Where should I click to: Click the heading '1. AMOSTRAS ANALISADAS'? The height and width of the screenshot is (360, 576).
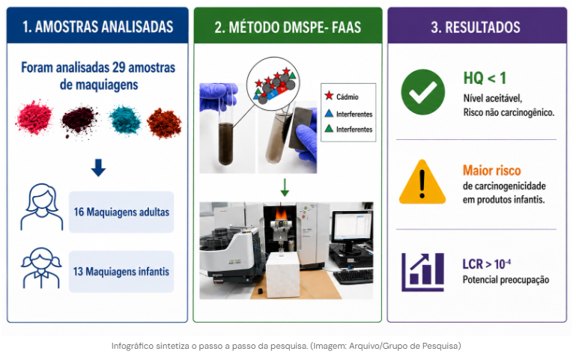97,27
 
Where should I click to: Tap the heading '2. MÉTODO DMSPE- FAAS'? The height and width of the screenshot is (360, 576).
288,28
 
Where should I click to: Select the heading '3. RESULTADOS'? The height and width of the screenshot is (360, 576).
476,28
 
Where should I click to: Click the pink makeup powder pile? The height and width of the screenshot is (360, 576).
34,118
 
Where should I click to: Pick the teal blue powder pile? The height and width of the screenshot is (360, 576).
125,120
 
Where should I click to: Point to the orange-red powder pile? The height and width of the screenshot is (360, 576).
164,123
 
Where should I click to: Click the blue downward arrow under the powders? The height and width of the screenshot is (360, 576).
98,168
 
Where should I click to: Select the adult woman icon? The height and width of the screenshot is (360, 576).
41,207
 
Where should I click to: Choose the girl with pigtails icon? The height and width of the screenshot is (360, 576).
41,268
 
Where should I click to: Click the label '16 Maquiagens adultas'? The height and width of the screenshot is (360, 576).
121,212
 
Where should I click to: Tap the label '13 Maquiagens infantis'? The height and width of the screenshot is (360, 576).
121,272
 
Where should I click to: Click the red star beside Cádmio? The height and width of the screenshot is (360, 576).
329,96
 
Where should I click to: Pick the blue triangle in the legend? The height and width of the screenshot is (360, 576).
329,114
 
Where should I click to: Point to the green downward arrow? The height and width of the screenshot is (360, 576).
285,187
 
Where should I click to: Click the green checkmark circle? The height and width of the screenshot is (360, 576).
422,92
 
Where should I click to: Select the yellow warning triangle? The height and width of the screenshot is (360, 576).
422,183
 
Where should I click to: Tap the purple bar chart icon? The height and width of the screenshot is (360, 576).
422,272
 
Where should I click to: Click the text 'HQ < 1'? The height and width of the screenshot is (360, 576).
485,78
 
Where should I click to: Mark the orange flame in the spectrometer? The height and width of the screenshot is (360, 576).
282,212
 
